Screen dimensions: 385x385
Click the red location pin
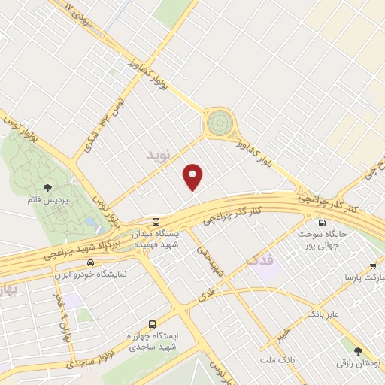[x=194, y=177]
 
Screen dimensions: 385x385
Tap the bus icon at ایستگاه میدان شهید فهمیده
[x=156, y=222]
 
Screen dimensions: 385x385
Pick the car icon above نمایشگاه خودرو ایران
[x=91, y=262]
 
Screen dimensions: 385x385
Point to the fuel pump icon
[x=323, y=223]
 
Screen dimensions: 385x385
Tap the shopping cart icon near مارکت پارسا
[x=373, y=265]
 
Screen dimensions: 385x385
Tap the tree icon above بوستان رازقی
[x=358, y=351]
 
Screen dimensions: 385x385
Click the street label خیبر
[x=280, y=331]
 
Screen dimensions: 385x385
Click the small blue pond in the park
[x=90, y=223]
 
